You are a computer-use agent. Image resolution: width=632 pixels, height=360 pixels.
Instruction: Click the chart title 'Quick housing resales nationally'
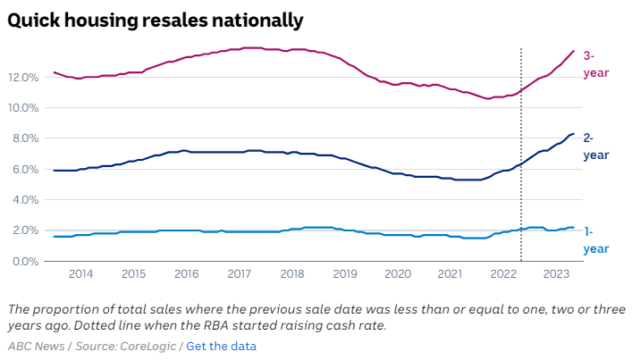point(156,19)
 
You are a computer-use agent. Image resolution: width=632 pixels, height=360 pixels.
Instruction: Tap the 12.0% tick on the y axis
point(23,77)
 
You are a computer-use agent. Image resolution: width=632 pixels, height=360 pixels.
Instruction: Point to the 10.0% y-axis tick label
point(23,108)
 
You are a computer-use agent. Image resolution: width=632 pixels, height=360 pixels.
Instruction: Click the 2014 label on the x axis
point(80,273)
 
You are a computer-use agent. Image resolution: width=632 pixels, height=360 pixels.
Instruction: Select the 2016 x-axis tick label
point(186,273)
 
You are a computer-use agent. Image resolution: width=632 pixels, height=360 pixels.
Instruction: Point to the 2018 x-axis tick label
point(292,273)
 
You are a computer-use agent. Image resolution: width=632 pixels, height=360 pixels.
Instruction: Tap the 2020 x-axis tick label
point(398,273)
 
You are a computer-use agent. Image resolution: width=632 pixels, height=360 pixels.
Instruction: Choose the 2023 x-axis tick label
point(556,273)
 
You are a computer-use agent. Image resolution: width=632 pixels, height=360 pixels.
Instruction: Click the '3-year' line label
point(594,64)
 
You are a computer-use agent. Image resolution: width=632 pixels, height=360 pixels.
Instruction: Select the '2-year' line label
point(595,147)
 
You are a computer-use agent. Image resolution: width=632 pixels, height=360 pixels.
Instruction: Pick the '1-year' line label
point(595,240)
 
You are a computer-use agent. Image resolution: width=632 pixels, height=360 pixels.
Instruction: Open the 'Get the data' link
point(221,346)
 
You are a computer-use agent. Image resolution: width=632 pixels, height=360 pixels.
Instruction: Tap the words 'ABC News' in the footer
point(36,346)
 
